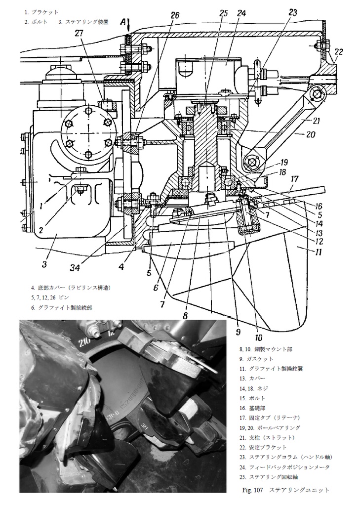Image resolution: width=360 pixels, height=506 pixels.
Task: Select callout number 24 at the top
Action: pyautogui.click(x=241, y=14)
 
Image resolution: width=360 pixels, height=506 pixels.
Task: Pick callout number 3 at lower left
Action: pyautogui.click(x=44, y=264)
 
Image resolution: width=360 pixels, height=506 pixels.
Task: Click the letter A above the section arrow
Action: pyautogui.click(x=127, y=23)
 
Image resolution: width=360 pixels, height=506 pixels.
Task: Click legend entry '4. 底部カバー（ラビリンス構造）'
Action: pyautogui.click(x=70, y=288)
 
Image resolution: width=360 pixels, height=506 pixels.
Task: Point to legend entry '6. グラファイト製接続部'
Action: pyautogui.click(x=62, y=307)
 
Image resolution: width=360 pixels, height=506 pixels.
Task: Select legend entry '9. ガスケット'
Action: pyautogui.click(x=256, y=359)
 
